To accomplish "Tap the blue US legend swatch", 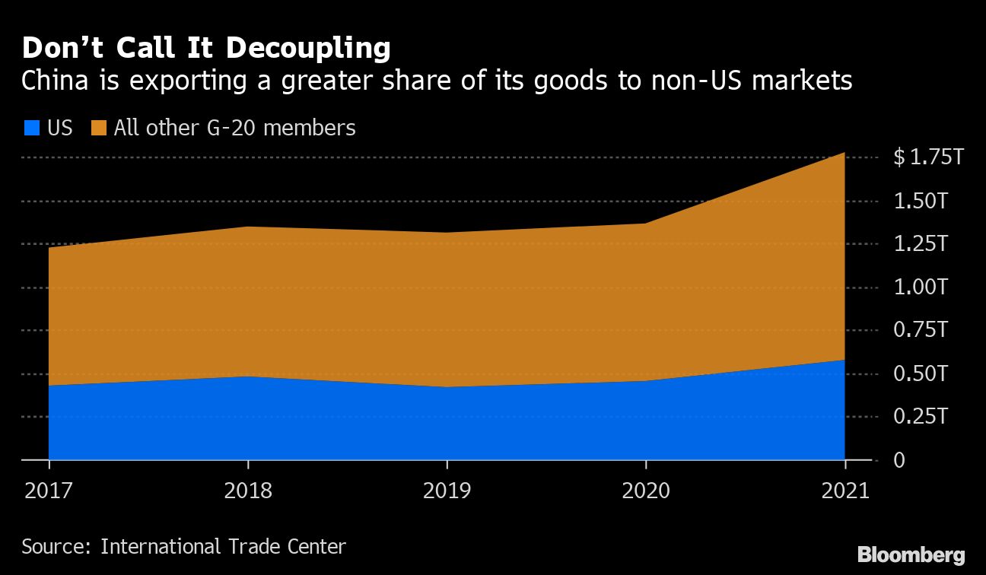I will click(x=31, y=128).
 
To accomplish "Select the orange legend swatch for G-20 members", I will click(x=99, y=128).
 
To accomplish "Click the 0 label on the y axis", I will click(x=899, y=461).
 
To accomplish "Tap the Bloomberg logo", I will click(x=911, y=554).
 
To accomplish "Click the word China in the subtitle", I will click(x=52, y=81).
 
